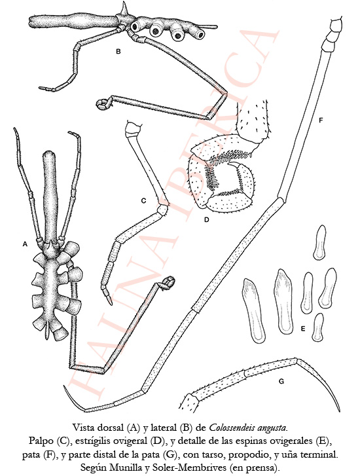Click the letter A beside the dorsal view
tap(25, 244)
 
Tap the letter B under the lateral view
tap(118, 52)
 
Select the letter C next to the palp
tap(143, 200)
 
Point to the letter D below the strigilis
tap(206, 219)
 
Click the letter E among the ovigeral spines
tap(302, 329)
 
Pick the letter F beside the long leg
tap(321, 121)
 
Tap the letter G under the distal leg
tap(281, 381)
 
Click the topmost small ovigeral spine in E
tap(319, 242)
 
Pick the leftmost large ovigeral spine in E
tap(253, 310)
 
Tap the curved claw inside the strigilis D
tap(237, 166)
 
